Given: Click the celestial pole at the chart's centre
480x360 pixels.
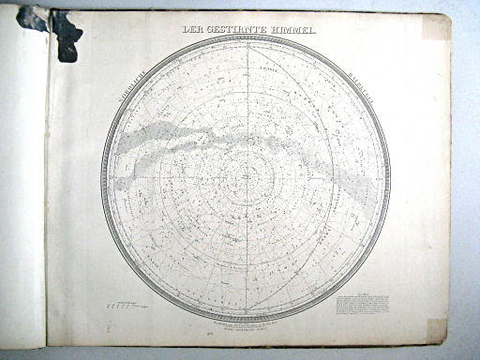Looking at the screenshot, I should pos(246,178).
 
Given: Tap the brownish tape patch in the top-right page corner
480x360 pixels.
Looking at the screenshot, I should pos(436,27).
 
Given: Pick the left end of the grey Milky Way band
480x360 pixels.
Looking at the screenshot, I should pos(119,143).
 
